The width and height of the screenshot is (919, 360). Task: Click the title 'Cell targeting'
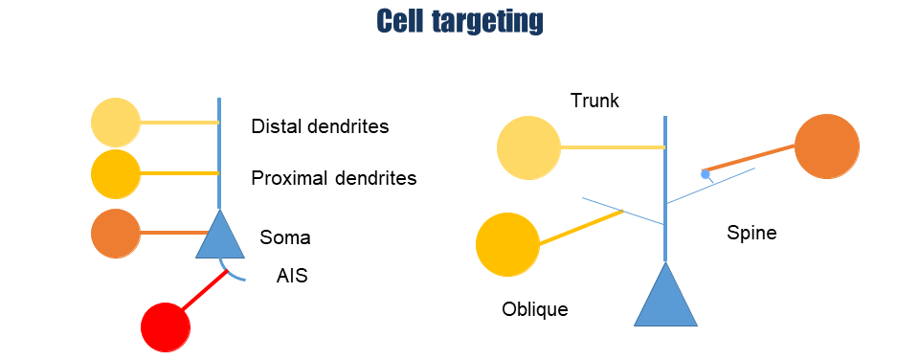(x=459, y=22)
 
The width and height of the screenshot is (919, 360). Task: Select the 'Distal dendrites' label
(x=320, y=126)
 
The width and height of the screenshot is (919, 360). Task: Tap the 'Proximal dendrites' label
(x=334, y=178)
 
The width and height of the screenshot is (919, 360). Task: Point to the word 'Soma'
(x=285, y=237)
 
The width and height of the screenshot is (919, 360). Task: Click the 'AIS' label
(x=292, y=276)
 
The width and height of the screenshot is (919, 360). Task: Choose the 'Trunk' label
(x=594, y=101)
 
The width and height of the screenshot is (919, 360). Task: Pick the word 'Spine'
(x=751, y=233)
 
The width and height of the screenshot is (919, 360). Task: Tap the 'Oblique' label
(x=535, y=308)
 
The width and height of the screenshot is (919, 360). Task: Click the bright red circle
(x=166, y=327)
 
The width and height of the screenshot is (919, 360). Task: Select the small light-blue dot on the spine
(x=706, y=174)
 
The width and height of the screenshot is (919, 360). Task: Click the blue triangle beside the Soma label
(x=220, y=235)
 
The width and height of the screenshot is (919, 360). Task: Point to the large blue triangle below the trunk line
(x=666, y=294)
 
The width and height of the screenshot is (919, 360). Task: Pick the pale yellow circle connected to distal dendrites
(x=116, y=123)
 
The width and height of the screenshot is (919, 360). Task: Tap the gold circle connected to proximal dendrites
(x=116, y=174)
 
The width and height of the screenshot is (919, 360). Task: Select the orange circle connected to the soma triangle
(x=116, y=234)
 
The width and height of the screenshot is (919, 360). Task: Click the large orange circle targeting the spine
(x=827, y=146)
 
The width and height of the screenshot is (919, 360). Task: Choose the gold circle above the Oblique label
(x=507, y=244)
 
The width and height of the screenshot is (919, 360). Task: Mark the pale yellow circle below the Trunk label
(x=528, y=147)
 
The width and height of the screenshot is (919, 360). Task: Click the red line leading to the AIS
(x=204, y=290)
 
